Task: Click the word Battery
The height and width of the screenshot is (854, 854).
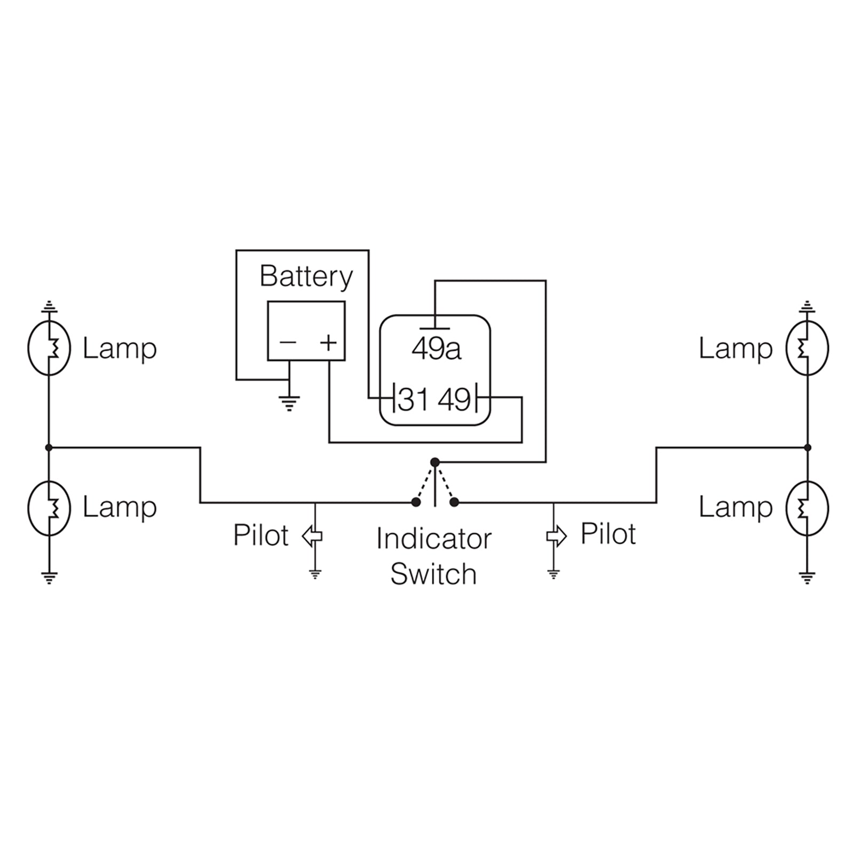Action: click(x=306, y=277)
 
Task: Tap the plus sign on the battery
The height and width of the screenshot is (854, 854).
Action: click(x=328, y=342)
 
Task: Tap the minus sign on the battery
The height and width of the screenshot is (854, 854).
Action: click(x=288, y=342)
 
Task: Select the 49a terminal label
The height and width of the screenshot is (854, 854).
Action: click(x=436, y=349)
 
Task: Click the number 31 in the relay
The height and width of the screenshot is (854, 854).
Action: click(x=414, y=400)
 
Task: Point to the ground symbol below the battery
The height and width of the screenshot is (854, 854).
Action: click(x=289, y=403)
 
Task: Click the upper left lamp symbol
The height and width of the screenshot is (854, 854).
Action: click(x=49, y=348)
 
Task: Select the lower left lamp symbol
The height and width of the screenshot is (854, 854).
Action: click(x=49, y=508)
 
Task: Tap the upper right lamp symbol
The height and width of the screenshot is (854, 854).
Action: click(x=807, y=348)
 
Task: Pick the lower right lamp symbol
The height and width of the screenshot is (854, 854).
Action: click(x=807, y=508)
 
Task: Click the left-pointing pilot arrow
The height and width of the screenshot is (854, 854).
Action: click(x=312, y=536)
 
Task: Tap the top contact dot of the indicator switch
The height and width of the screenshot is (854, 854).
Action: click(x=435, y=462)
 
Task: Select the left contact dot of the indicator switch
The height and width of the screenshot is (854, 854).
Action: click(x=416, y=502)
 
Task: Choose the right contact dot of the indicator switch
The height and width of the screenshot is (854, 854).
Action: click(x=455, y=502)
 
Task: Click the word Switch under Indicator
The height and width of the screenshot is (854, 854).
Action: click(x=433, y=574)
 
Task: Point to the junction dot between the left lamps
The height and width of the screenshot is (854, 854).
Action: click(x=49, y=447)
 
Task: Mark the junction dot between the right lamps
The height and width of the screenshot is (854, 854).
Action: click(x=808, y=447)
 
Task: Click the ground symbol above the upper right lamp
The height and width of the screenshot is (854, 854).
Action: click(x=807, y=306)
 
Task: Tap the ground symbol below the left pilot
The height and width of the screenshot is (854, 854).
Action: click(x=315, y=574)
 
